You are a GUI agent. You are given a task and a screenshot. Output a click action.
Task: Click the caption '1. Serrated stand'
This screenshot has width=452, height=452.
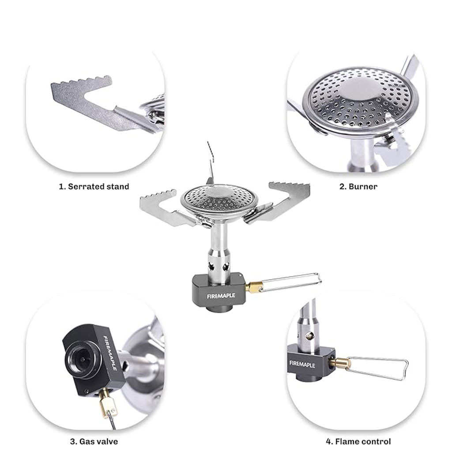94,187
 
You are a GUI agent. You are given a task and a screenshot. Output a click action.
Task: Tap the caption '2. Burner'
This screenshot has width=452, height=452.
358,187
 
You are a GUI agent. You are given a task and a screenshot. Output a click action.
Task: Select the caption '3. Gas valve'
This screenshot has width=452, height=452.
94,441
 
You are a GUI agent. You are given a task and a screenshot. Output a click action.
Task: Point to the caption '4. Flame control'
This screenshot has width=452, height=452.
358,441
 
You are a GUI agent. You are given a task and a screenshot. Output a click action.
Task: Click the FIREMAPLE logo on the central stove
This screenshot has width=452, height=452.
221,296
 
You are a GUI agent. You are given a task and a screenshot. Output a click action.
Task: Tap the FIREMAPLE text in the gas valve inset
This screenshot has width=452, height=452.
110,353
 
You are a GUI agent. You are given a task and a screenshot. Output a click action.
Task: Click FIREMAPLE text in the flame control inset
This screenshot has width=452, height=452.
302,364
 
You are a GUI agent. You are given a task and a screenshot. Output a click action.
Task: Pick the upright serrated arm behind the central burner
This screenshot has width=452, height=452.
211,164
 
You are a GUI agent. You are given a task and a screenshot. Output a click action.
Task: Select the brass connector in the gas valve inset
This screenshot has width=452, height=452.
106,402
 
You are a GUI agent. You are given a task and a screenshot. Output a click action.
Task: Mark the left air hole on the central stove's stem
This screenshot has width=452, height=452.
212,267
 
